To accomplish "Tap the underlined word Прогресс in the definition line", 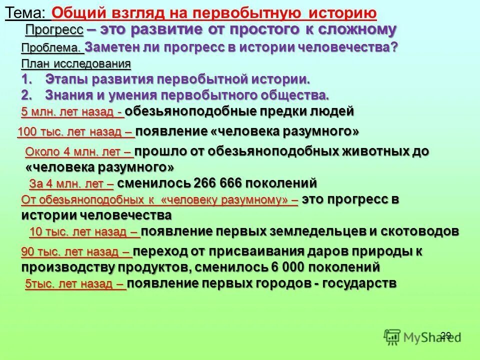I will [54, 30].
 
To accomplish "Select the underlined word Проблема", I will [51, 48].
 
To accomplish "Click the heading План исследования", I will [76, 64].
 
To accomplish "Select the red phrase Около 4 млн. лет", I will [77, 151].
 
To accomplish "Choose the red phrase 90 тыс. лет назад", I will [75, 252].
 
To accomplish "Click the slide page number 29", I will [446, 335].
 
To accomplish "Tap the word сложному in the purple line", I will [359, 30].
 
